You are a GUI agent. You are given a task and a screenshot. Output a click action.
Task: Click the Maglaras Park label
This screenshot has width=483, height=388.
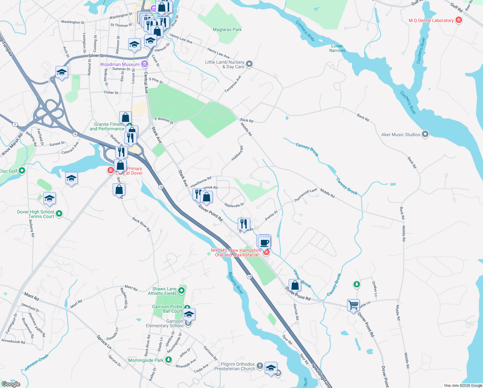(x=227, y=29)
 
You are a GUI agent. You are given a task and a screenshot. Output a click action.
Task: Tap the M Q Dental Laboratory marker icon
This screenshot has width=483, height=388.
(x=458, y=20)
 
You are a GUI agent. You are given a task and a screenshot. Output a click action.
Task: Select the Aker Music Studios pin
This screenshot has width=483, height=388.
(x=425, y=134)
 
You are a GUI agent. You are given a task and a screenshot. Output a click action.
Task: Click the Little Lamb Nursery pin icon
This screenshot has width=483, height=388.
(x=249, y=64)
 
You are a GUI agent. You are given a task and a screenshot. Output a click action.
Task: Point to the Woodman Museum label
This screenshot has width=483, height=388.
(x=120, y=64)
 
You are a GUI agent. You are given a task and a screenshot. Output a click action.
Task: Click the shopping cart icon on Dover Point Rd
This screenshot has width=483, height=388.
(x=353, y=305)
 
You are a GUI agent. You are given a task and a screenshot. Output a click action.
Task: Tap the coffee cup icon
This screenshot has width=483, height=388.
(x=264, y=242)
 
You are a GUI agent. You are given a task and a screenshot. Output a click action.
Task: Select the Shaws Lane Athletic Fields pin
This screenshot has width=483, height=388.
(x=181, y=291)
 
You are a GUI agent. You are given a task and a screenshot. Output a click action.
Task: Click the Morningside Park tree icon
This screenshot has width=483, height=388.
(x=168, y=360)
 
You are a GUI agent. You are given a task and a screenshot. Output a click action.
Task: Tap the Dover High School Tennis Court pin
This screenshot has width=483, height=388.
(x=59, y=213)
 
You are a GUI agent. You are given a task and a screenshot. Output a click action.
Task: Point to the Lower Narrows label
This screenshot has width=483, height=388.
(x=337, y=48)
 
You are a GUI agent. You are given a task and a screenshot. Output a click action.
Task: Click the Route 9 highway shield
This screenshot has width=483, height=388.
(x=15, y=124)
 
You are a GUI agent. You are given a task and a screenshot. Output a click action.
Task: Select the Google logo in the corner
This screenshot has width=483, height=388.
(x=11, y=384)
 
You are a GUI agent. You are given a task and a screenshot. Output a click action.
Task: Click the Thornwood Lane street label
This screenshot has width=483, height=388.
(x=305, y=196)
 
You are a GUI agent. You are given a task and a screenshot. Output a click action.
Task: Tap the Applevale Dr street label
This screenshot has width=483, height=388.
(x=234, y=205)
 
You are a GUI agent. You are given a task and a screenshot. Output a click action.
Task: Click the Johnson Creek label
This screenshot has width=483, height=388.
(x=36, y=362)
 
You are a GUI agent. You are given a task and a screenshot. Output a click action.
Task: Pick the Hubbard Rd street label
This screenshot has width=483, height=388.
(x=237, y=153)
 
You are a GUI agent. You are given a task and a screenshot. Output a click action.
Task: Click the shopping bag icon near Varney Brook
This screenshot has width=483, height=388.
(x=295, y=285)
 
